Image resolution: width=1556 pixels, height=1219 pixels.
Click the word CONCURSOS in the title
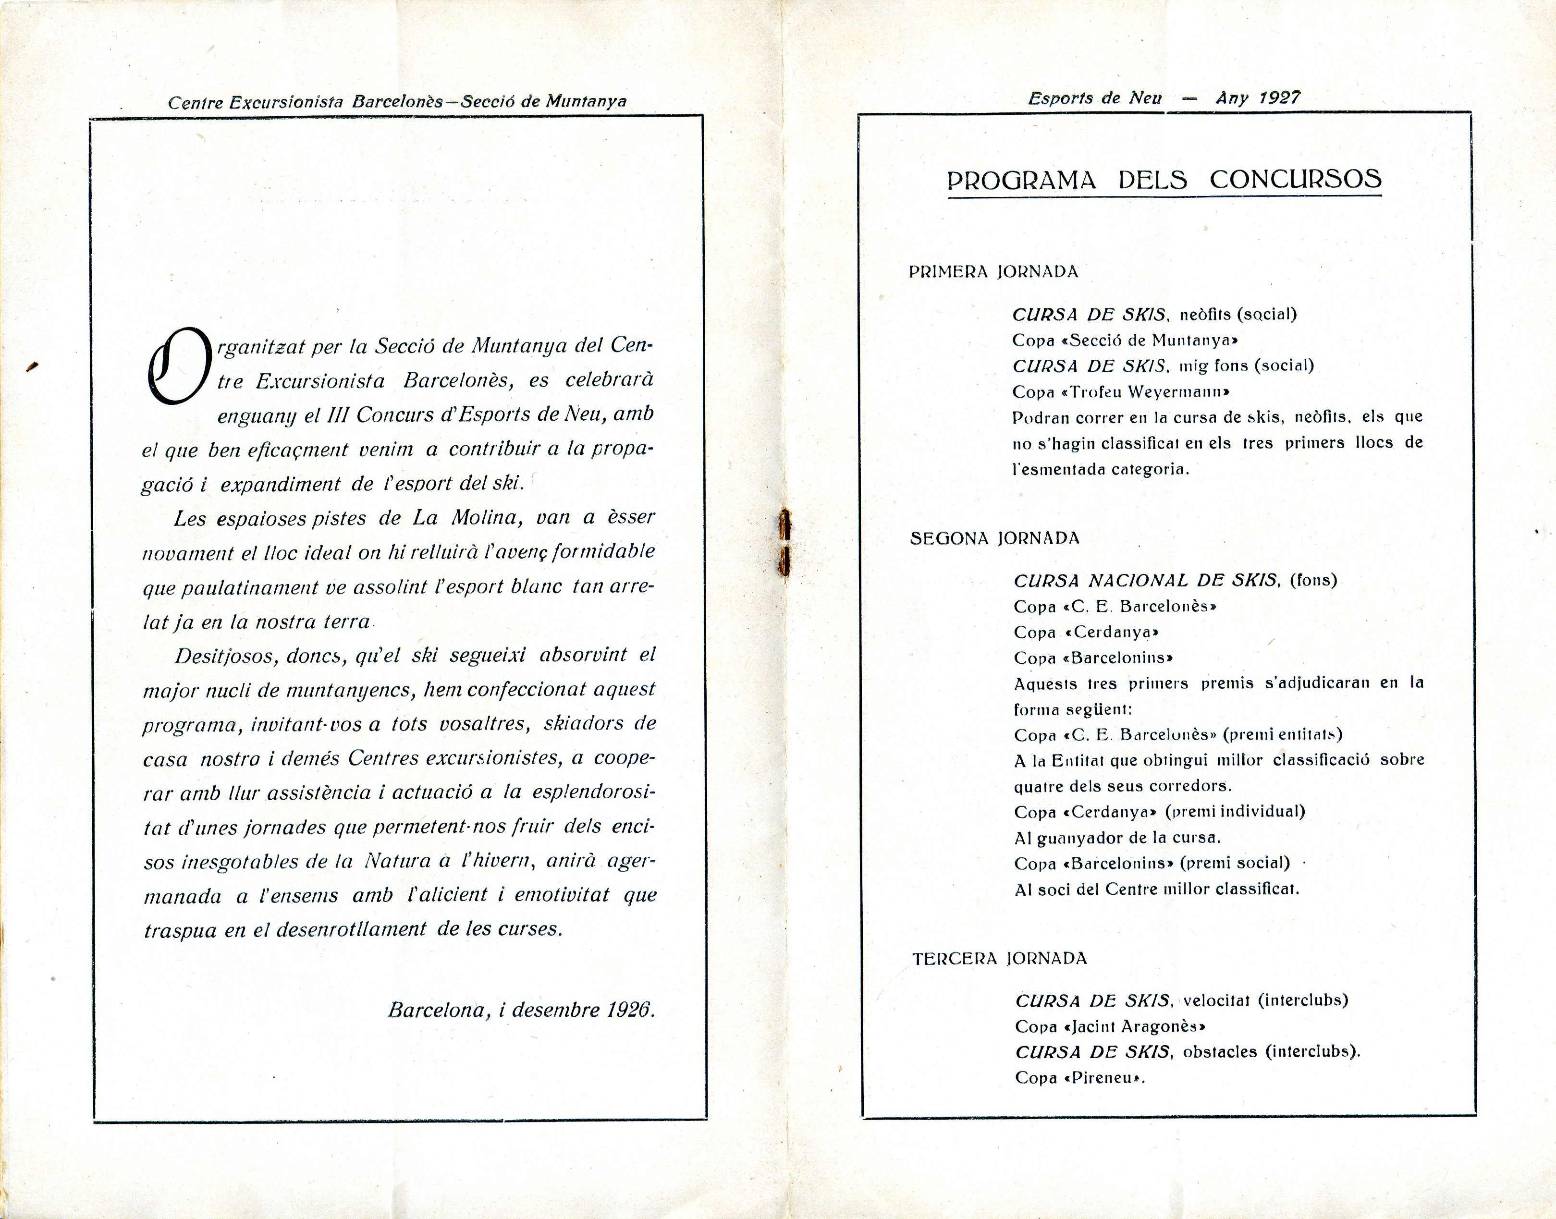pos(1296,178)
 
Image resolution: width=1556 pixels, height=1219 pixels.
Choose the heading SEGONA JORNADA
pos(994,538)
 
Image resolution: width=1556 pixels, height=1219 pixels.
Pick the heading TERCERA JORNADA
pos(999,959)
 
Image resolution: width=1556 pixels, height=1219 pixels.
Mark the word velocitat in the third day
pos(1215,1000)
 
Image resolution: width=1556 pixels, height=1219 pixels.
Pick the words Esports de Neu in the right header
pos(1095,98)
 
